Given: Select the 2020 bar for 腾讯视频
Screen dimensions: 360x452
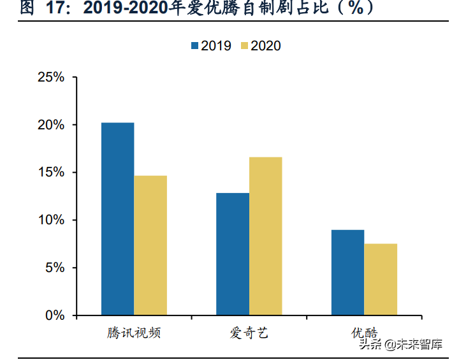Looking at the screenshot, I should [x=150, y=245].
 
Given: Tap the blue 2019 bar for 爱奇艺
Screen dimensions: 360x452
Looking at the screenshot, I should [x=232, y=254].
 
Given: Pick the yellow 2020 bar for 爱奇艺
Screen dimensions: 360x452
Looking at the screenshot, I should [x=265, y=236].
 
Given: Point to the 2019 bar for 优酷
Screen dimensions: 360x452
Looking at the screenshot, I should [x=347, y=272].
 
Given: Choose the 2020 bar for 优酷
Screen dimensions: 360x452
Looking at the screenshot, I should [x=381, y=279].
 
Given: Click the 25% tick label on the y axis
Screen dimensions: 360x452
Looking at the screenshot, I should [x=51, y=77].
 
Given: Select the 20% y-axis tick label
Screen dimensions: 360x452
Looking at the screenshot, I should [x=51, y=125].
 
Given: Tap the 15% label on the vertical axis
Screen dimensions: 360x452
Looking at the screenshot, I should [x=51, y=173].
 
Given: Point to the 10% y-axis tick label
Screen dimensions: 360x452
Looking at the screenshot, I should [x=51, y=220].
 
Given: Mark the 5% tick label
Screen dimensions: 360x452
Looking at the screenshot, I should [x=55, y=268].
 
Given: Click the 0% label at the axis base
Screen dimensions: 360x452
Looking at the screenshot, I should [x=55, y=315].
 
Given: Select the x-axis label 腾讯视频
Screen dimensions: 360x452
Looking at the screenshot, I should [x=134, y=333].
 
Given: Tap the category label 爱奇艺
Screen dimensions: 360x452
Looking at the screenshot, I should [x=249, y=333].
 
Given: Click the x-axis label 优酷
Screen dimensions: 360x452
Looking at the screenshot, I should [x=364, y=333].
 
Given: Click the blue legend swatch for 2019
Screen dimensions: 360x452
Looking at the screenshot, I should [x=194, y=46].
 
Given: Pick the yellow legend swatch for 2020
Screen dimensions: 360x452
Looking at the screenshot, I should [x=244, y=46].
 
